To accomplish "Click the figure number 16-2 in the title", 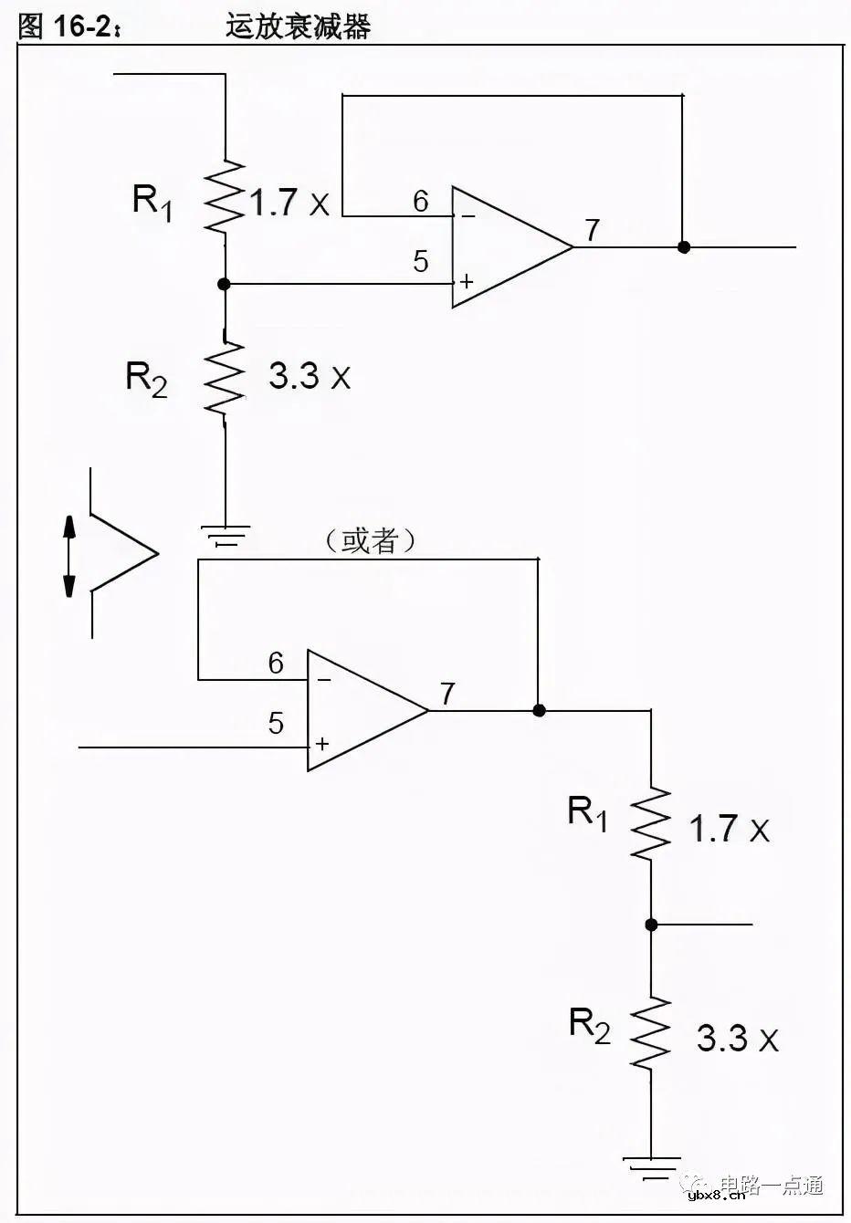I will pyautogui.click(x=82, y=27).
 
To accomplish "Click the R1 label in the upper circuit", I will pyautogui.click(x=152, y=201).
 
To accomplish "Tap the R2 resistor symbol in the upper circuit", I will pyautogui.click(x=225, y=376).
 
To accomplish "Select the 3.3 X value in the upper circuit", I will pyautogui.click(x=310, y=376).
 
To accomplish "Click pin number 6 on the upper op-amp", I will pyautogui.click(x=420, y=202).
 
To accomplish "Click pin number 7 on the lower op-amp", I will pyautogui.click(x=447, y=695).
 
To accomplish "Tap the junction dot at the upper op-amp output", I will pyautogui.click(x=683, y=247).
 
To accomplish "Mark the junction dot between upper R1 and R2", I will pyautogui.click(x=225, y=285).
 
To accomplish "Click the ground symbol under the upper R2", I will pyautogui.click(x=225, y=534).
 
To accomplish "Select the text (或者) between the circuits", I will pyautogui.click(x=371, y=540).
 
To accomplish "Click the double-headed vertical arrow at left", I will pyautogui.click(x=69, y=556).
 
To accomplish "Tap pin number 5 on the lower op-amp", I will pyautogui.click(x=276, y=724).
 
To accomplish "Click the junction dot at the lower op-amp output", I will pyautogui.click(x=539, y=710).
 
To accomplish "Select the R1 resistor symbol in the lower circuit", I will pyautogui.click(x=651, y=824).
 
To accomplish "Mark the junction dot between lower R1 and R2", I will pyautogui.click(x=651, y=925).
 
